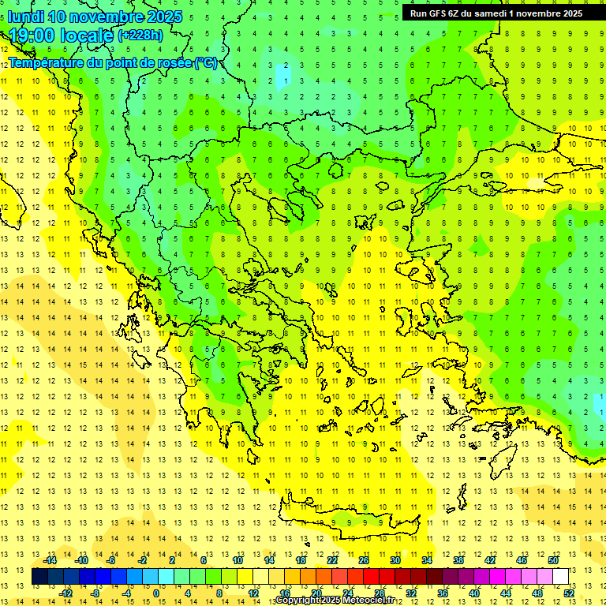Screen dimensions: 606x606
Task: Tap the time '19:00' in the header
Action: click(33, 36)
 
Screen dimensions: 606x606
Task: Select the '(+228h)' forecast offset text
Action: click(140, 36)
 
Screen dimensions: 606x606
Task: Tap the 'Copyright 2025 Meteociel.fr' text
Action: click(335, 600)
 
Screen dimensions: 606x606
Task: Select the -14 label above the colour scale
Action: click(52, 560)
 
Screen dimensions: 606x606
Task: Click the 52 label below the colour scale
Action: click(569, 593)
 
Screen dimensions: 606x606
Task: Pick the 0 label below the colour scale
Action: click(156, 593)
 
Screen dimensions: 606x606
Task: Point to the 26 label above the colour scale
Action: click(364, 560)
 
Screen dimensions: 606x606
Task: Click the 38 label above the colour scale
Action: click(458, 560)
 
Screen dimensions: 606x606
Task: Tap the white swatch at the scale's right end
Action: click(560, 577)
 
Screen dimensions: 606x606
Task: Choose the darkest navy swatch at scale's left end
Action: click(39, 577)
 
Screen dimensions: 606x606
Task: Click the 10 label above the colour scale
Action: click(238, 560)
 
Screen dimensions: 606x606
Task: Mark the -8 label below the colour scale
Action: click(95, 593)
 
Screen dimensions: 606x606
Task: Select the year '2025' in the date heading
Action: click(164, 17)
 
